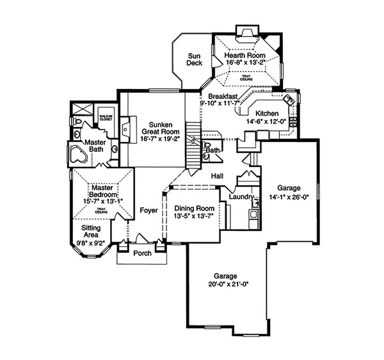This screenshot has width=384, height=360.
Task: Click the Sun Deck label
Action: click(194, 58)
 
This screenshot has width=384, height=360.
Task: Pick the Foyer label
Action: click(148, 209)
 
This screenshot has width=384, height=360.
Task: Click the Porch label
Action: click(142, 253)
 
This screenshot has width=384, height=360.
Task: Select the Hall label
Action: click(216, 175)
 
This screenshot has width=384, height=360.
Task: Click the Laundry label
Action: click(241, 197)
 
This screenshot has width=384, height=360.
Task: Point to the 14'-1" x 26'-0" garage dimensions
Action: click(284, 198)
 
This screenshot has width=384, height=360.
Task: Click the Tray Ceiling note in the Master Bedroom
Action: click(100, 210)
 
